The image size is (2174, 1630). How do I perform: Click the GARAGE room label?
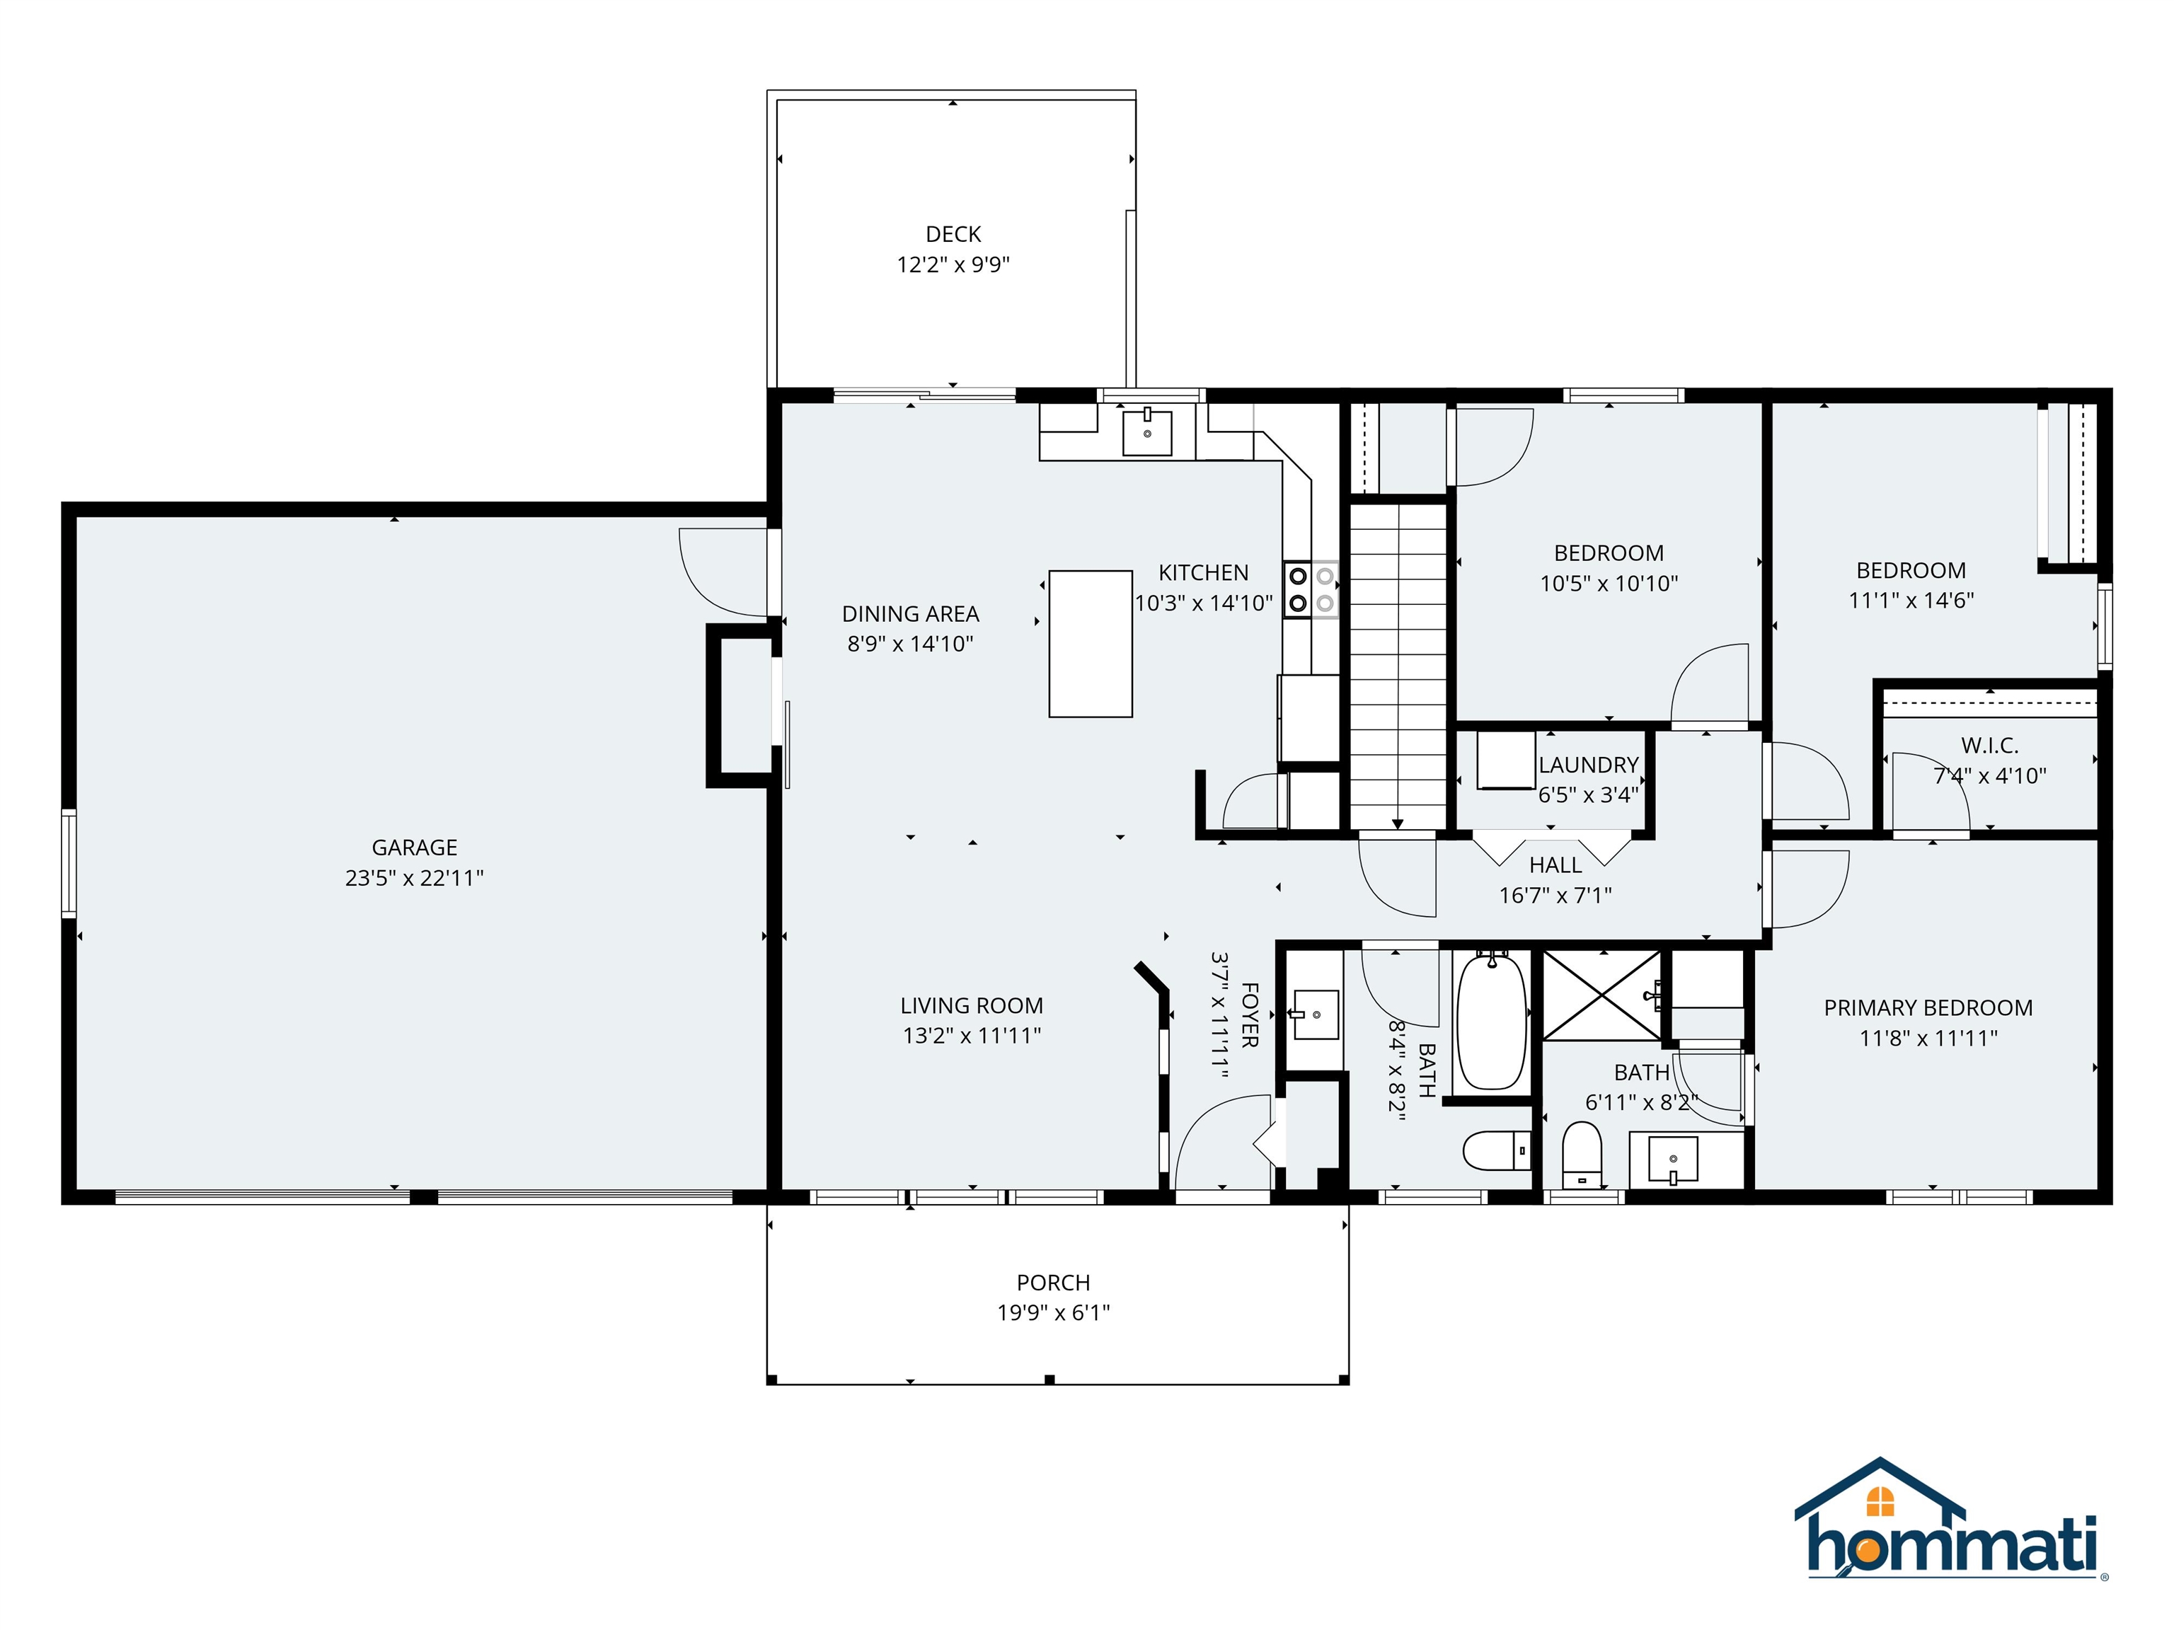414,847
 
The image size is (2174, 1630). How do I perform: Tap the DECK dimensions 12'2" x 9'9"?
953,265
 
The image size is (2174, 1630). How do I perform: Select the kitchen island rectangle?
1090,644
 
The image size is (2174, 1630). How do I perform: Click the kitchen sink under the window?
1147,432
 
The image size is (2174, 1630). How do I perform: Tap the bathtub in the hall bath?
1491,1021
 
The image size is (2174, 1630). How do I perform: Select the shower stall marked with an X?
1602,994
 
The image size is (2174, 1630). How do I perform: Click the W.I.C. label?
1989,746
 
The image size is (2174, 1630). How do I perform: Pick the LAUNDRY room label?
1588,764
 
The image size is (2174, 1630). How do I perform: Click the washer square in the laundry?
1506,758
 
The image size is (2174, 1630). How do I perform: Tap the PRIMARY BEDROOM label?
1927,1007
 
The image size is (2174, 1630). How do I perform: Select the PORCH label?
1052,1282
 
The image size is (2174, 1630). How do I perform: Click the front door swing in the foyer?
1219,1145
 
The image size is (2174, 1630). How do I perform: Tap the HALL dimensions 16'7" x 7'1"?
1555,895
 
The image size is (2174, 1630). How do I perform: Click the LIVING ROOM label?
971,1005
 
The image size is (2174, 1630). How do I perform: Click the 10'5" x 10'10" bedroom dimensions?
1608,584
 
